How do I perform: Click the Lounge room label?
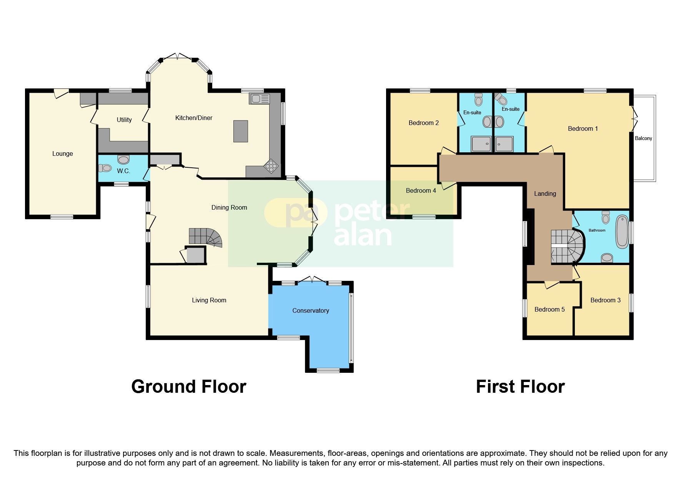coord(62,154)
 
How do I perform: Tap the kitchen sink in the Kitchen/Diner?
coord(260,99)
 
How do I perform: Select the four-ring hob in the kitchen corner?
coord(271,166)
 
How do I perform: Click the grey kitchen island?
coord(241,131)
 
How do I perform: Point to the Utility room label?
coord(124,120)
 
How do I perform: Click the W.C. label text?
coord(123,171)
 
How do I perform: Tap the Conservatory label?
coord(310,311)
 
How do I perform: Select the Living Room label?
coord(209,300)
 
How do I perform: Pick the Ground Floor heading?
coord(188,387)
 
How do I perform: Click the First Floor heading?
coord(520,387)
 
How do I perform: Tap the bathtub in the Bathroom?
coord(621,232)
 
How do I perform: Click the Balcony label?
coord(643,138)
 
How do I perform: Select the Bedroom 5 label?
coord(549,310)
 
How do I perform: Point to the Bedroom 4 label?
coord(421,191)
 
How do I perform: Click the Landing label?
coord(545,194)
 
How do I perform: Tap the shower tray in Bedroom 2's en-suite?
coord(481,144)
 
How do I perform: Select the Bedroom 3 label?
coord(605,300)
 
